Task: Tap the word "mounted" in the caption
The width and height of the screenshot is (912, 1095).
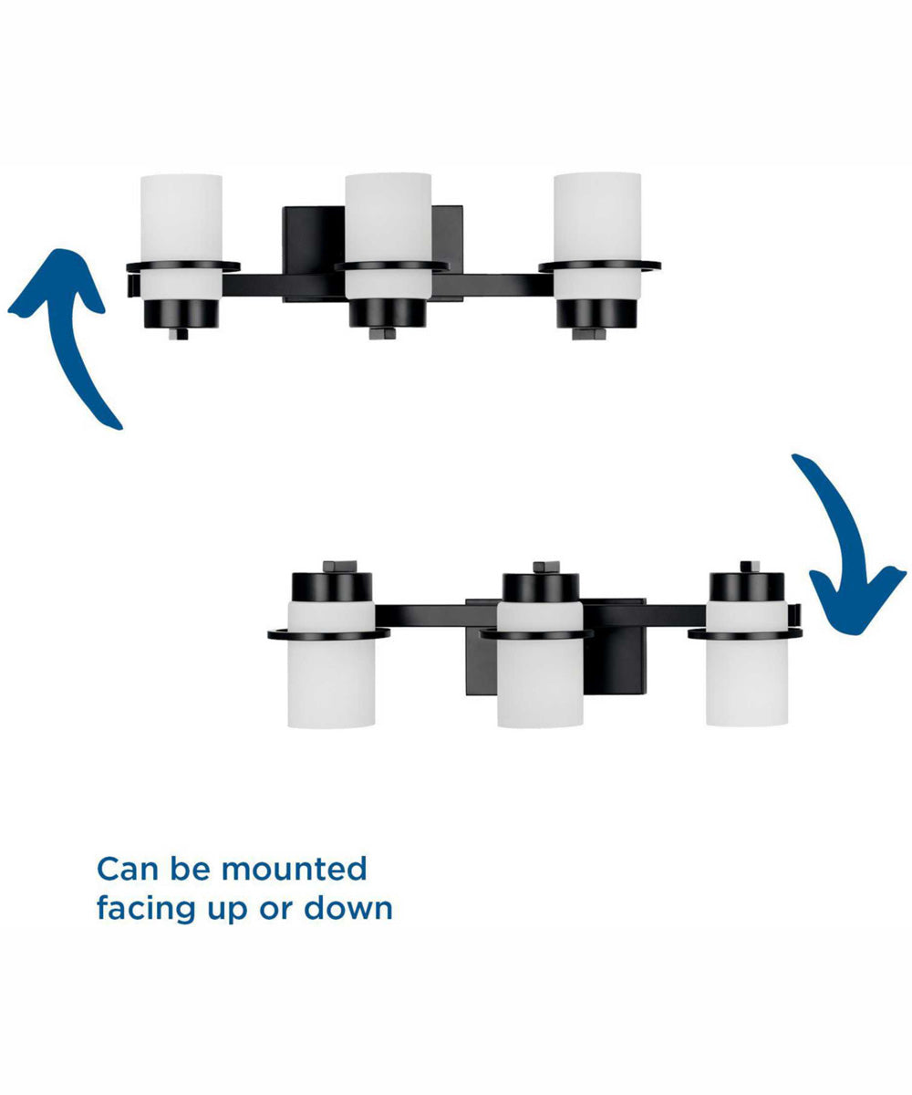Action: [x=294, y=869]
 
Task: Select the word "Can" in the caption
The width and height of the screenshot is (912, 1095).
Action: [x=128, y=869]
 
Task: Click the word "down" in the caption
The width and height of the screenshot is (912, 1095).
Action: [x=348, y=908]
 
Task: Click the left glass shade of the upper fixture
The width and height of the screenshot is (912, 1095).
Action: [x=181, y=236]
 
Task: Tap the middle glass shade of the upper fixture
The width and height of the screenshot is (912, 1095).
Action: [x=388, y=236]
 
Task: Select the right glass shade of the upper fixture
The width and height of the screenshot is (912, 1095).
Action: [x=597, y=236]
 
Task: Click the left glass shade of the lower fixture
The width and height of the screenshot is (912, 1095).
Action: [x=331, y=664]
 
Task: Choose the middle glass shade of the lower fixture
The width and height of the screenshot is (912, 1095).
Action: [x=540, y=664]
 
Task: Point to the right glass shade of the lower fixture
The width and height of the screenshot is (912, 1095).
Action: [x=746, y=664]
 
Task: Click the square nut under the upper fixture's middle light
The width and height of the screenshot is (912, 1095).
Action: [x=381, y=334]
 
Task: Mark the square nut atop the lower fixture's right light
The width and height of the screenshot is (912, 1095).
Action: [x=750, y=567]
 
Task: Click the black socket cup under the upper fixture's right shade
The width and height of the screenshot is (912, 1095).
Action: [x=596, y=315]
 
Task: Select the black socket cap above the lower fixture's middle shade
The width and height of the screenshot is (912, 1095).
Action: [x=541, y=588]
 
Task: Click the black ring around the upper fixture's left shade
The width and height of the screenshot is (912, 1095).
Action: [x=183, y=266]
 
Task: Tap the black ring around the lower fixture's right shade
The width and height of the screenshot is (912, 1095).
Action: [x=745, y=634]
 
